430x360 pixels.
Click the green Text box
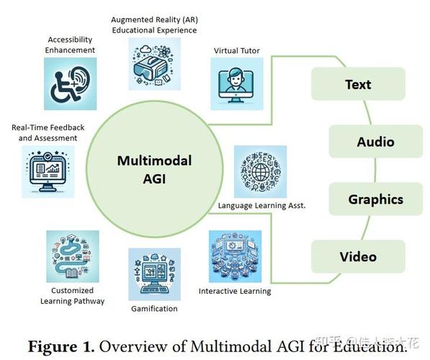click(358, 84)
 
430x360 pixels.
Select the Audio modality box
click(376, 141)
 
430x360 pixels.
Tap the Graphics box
click(376, 199)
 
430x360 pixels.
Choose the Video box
click(358, 256)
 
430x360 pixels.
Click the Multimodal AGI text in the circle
click(154, 169)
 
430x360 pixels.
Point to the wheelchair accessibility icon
click(70, 84)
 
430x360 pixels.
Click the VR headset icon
click(155, 63)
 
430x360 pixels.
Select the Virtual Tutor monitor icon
click(237, 84)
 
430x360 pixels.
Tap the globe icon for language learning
click(260, 171)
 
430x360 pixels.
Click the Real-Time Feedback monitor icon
click(48, 171)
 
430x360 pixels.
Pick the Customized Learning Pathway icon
click(73, 256)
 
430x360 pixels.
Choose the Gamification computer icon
click(155, 274)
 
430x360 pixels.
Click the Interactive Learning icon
click(235, 256)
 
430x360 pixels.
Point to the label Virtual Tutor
click(237, 50)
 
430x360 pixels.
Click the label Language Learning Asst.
click(261, 206)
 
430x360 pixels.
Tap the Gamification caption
click(154, 309)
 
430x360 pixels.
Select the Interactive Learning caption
click(235, 291)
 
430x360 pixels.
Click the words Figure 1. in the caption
click(61, 346)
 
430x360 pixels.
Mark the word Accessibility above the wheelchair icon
click(70, 40)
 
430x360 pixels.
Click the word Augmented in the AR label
click(133, 19)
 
